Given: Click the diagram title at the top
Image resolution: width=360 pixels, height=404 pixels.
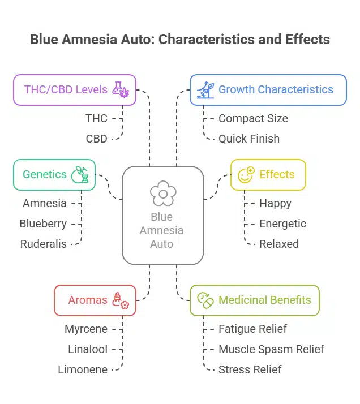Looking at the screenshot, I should (180, 40).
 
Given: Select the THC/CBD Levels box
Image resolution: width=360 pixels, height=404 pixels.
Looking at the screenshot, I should (75, 89).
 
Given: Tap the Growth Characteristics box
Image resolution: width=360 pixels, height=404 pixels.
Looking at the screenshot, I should (268, 89).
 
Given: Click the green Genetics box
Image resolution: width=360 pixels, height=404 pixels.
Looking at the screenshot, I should (54, 174).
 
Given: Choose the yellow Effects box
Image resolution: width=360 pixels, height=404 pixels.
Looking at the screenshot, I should (268, 174).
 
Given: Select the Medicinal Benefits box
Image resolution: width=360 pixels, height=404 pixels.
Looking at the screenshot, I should (254, 300).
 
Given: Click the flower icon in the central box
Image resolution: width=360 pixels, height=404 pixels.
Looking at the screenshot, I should (163, 194).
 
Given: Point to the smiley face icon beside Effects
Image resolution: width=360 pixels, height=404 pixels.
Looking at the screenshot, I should (246, 174).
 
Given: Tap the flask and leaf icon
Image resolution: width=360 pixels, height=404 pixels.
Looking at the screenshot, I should (121, 89).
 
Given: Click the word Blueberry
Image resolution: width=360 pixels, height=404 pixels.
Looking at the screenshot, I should (43, 224).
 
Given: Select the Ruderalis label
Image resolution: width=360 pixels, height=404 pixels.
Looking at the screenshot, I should (43, 244).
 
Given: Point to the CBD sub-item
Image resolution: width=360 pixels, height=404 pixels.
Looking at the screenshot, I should (96, 139).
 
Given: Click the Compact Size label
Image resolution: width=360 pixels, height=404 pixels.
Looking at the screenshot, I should (253, 118).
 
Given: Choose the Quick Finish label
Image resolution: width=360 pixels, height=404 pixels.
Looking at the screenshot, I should (249, 139).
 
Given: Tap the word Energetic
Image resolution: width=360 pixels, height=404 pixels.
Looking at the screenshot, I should (282, 224).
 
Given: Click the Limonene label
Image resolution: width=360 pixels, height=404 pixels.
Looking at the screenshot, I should (83, 369).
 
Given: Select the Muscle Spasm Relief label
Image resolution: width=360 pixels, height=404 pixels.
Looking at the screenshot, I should (271, 349).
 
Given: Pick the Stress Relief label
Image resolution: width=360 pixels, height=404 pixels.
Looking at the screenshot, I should (250, 369).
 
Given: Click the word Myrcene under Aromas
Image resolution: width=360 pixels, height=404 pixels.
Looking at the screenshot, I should (85, 329).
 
